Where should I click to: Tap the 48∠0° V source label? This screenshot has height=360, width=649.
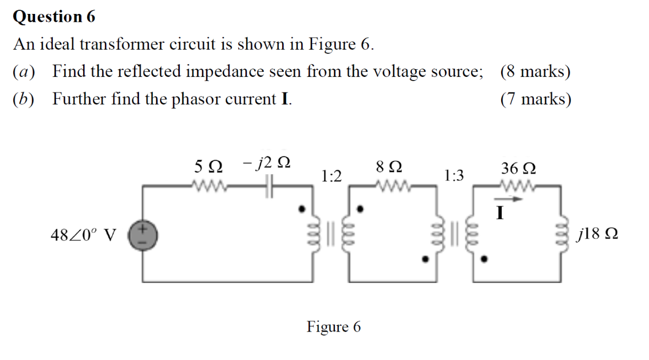83,236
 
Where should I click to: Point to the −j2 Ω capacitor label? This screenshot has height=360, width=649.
266,164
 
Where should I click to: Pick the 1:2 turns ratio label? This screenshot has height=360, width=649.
331,176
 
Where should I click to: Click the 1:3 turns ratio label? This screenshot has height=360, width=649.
454,176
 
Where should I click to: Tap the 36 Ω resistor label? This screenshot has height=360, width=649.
518,168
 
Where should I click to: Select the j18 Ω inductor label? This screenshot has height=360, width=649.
598,236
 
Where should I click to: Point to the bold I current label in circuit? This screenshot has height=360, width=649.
500,212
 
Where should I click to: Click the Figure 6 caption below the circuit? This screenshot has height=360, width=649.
334,327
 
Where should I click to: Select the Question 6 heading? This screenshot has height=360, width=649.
54,17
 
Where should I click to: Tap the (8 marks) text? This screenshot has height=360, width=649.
535,71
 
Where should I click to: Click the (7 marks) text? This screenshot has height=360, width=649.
536,98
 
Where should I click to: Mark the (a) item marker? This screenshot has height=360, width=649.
23,71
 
